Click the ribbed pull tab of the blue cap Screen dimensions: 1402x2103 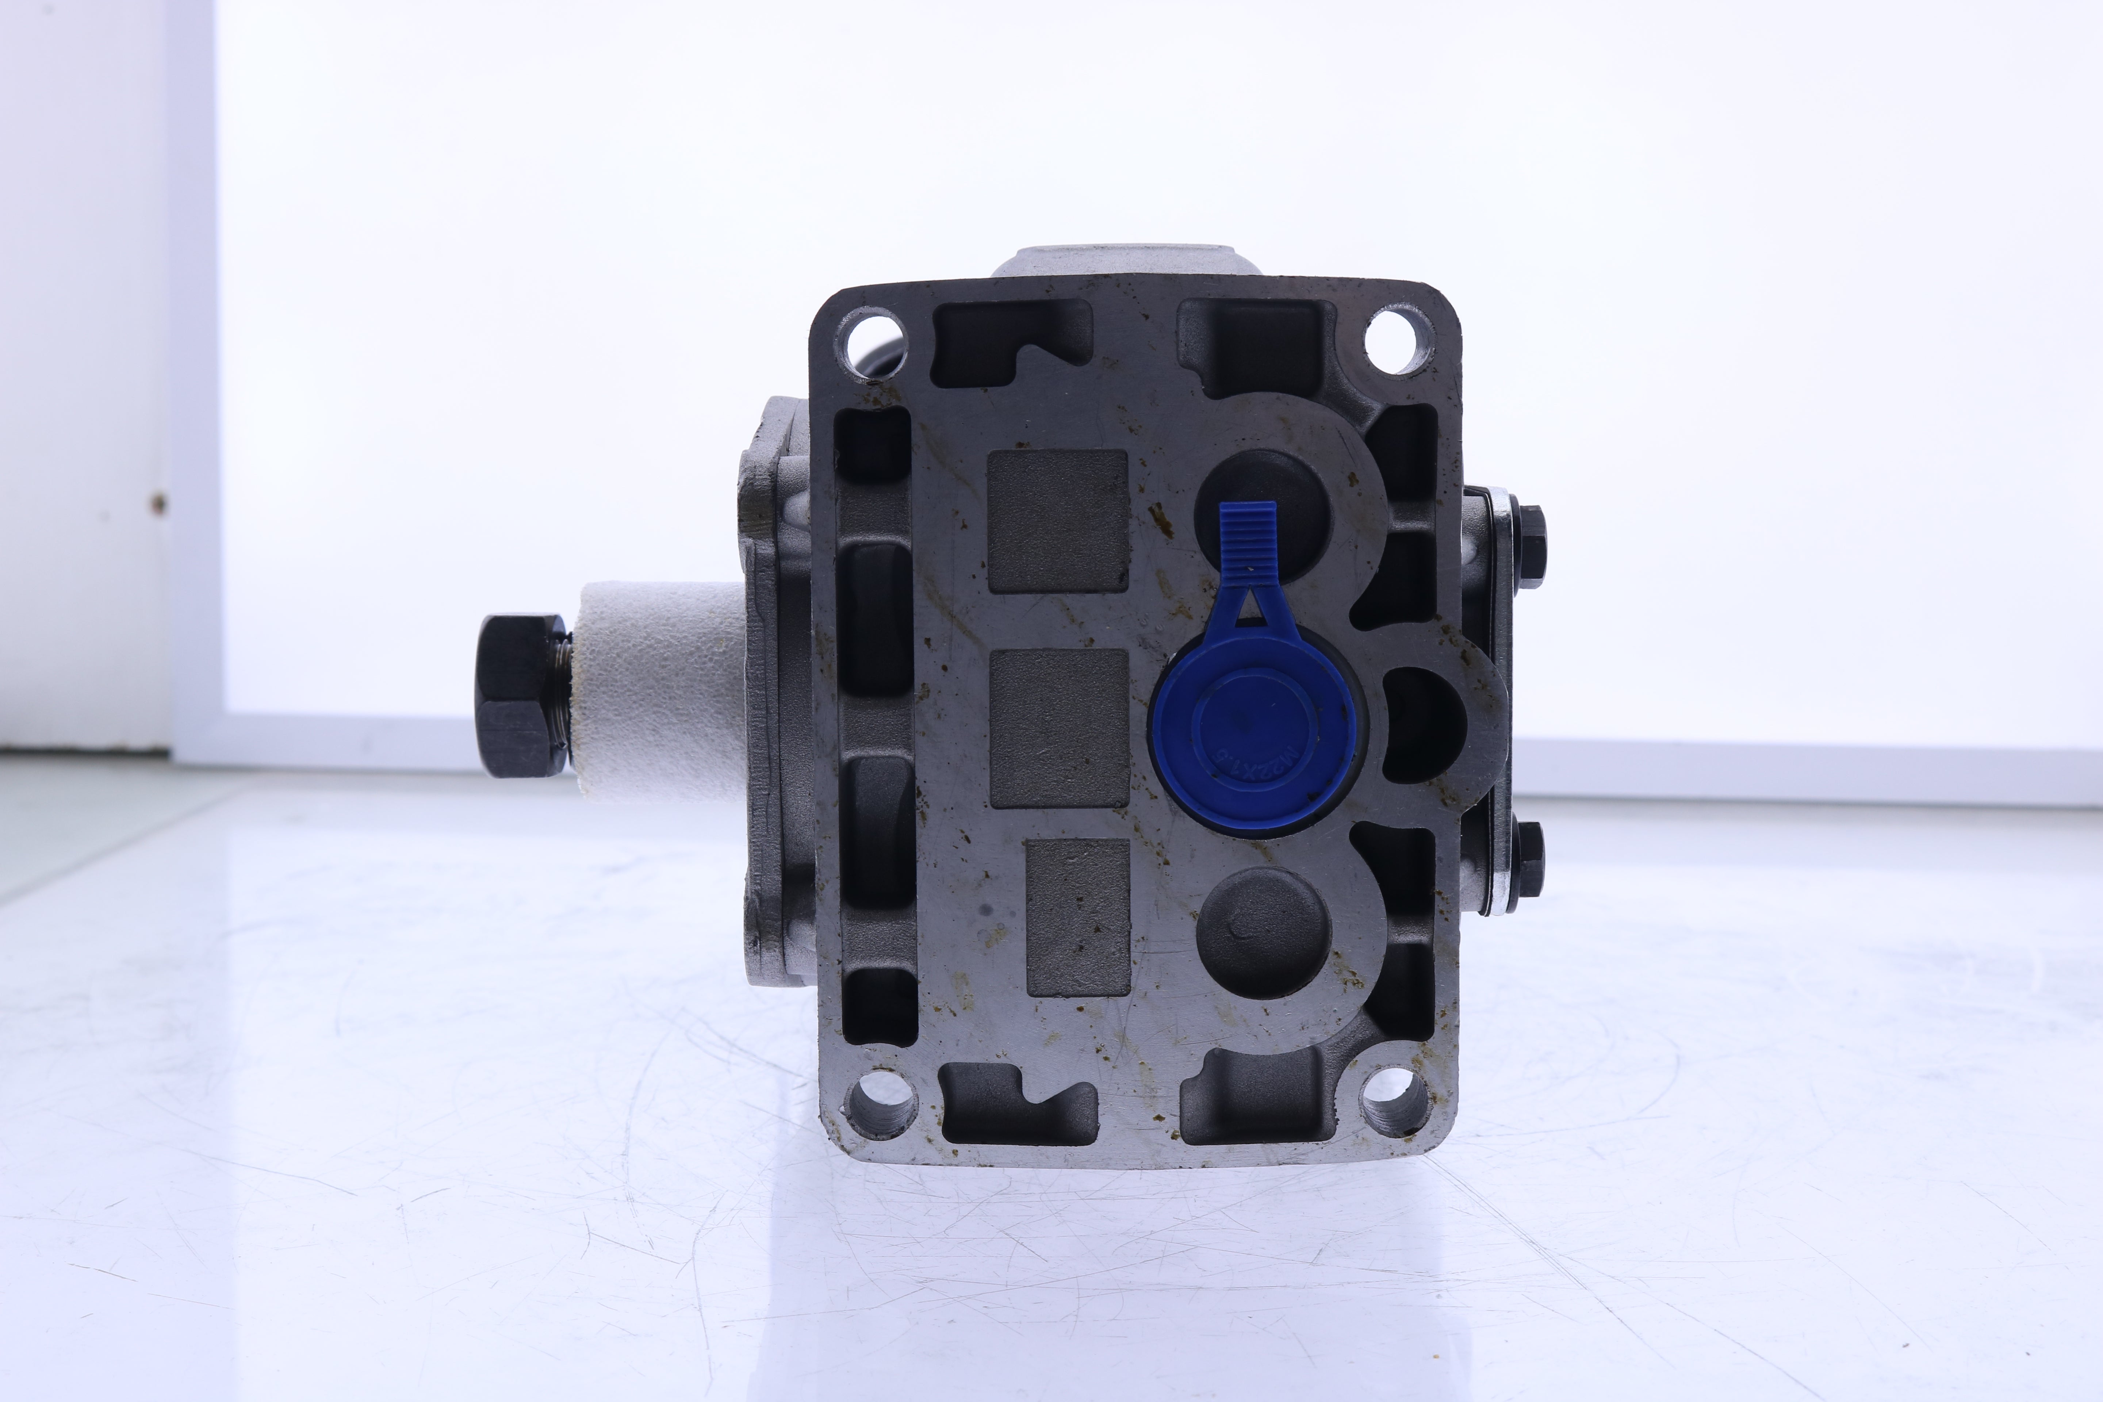click(x=1247, y=536)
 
